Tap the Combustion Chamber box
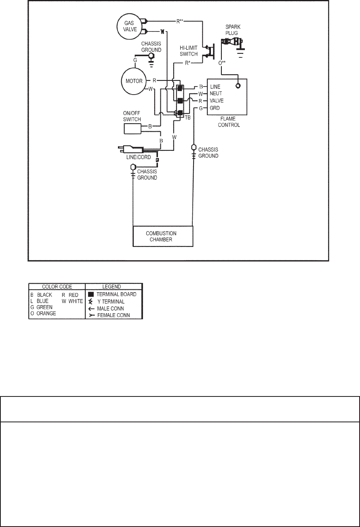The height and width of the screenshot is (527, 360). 163,236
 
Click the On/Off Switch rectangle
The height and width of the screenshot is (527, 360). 133,129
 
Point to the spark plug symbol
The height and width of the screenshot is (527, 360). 232,42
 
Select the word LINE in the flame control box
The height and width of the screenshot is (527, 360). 215,87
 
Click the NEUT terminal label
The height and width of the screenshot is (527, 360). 215,94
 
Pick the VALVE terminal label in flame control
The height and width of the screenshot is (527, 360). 217,101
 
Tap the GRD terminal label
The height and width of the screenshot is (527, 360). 215,108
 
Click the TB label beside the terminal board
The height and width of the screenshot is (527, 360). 187,118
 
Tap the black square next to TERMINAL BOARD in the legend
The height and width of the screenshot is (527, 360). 91,295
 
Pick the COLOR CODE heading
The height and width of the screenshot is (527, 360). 56,287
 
